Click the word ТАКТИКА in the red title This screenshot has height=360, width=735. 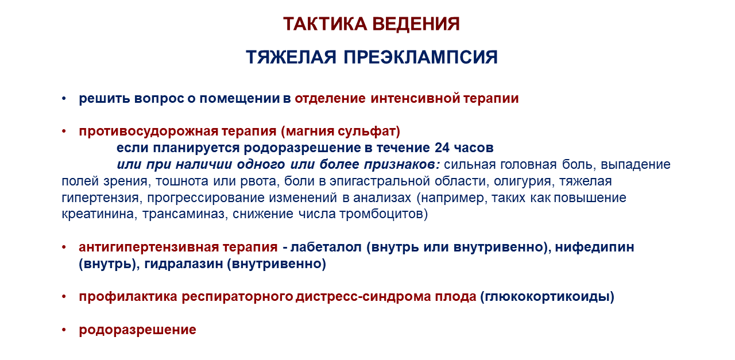click(325, 24)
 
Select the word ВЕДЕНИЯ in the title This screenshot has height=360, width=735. click(416, 24)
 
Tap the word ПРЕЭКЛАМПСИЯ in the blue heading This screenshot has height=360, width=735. click(421, 57)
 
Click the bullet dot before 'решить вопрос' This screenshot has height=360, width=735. click(64, 98)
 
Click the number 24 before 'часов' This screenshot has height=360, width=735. click(442, 148)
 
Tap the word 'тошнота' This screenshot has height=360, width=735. click(182, 181)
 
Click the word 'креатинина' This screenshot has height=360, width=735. click(99, 214)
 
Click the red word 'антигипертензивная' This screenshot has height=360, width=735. click(149, 247)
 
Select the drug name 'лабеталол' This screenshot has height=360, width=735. click(326, 247)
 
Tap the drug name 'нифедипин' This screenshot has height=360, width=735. click(594, 247)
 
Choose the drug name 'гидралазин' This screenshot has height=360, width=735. click(183, 264)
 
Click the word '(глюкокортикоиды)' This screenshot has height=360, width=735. click(547, 297)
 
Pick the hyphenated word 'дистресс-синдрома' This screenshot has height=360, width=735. click(363, 297)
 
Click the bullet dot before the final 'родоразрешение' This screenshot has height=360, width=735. click(64, 330)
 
